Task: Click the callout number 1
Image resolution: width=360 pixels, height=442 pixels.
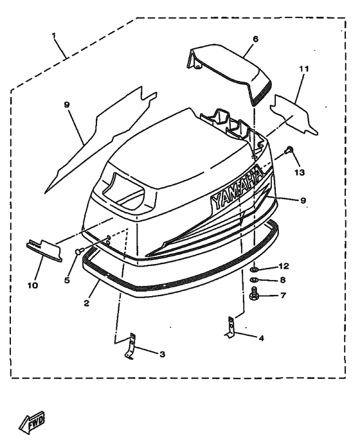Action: tap(53, 35)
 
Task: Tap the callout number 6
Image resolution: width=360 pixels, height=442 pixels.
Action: tap(255, 39)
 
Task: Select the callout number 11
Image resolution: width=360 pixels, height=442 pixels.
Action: tap(304, 69)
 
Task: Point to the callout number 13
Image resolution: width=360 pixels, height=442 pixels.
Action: tap(300, 172)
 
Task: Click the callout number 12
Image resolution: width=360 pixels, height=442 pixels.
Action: tap(284, 266)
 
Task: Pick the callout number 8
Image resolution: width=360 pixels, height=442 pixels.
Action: tap(283, 280)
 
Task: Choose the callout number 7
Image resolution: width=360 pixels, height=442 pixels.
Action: tap(283, 295)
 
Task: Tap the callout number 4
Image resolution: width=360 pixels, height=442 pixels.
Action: tap(261, 338)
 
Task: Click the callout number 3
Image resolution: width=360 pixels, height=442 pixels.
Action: tap(162, 354)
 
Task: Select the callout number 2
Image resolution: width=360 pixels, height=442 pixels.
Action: tap(86, 303)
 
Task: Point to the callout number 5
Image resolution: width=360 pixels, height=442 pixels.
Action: tap(67, 280)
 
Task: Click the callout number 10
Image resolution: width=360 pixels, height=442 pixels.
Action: tap(33, 285)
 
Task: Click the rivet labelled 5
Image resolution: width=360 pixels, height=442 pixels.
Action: tap(79, 251)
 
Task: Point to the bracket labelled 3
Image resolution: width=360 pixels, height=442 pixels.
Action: tap(130, 346)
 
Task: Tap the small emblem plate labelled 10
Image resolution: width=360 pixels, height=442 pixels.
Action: tap(44, 251)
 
